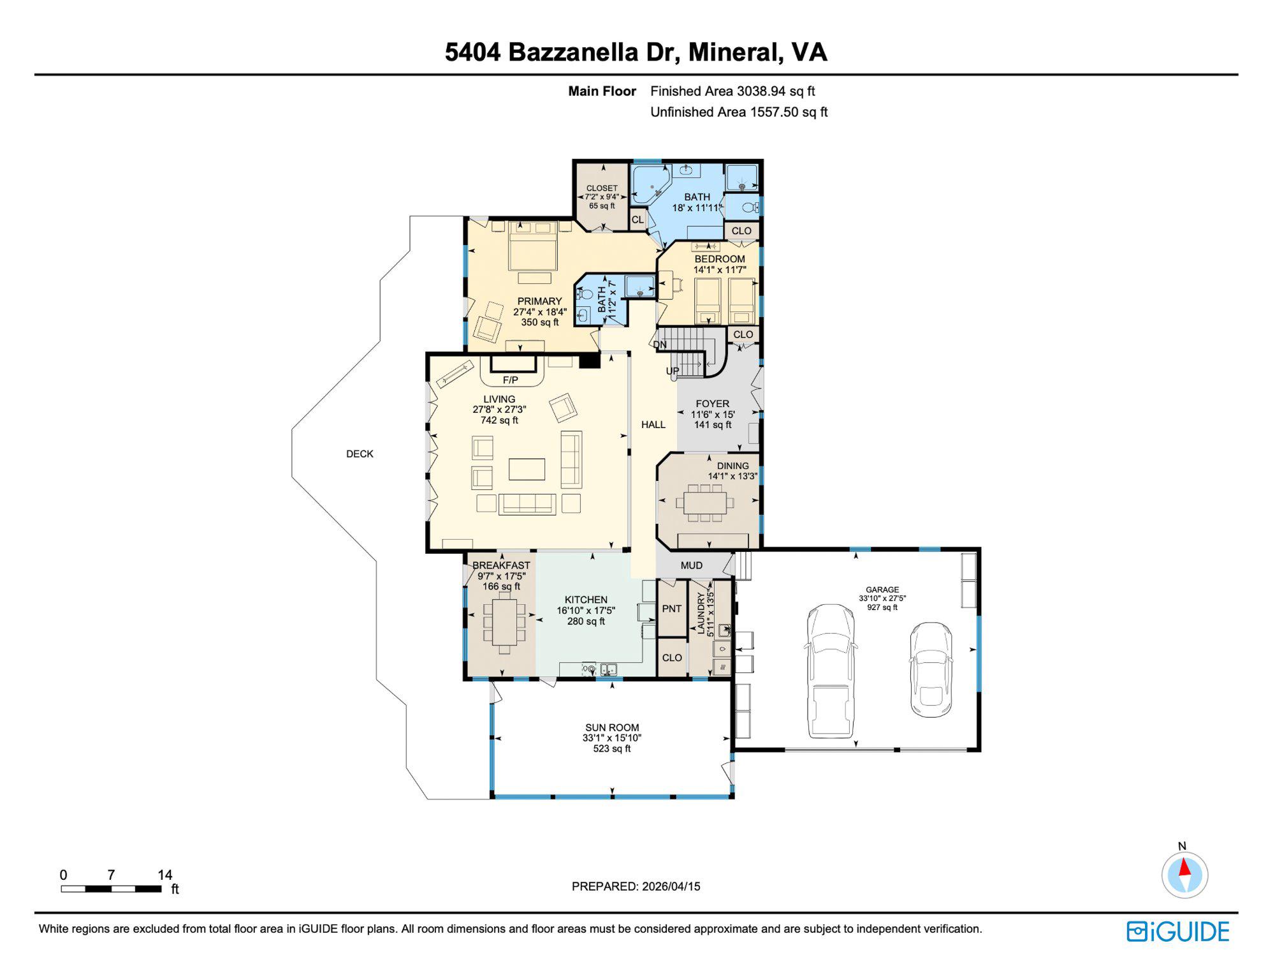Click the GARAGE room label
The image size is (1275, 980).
point(882,590)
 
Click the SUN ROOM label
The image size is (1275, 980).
point(611,727)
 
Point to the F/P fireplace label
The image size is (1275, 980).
point(510,380)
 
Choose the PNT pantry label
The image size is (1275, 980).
point(671,609)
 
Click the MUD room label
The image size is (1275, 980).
point(691,565)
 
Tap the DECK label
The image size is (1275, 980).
point(360,454)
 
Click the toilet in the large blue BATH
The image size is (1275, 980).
point(750,207)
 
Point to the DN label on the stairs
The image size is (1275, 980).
point(660,345)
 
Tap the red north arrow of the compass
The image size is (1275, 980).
point(1184,868)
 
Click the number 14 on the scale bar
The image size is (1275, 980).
point(164,875)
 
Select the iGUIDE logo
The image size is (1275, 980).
point(1177,932)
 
